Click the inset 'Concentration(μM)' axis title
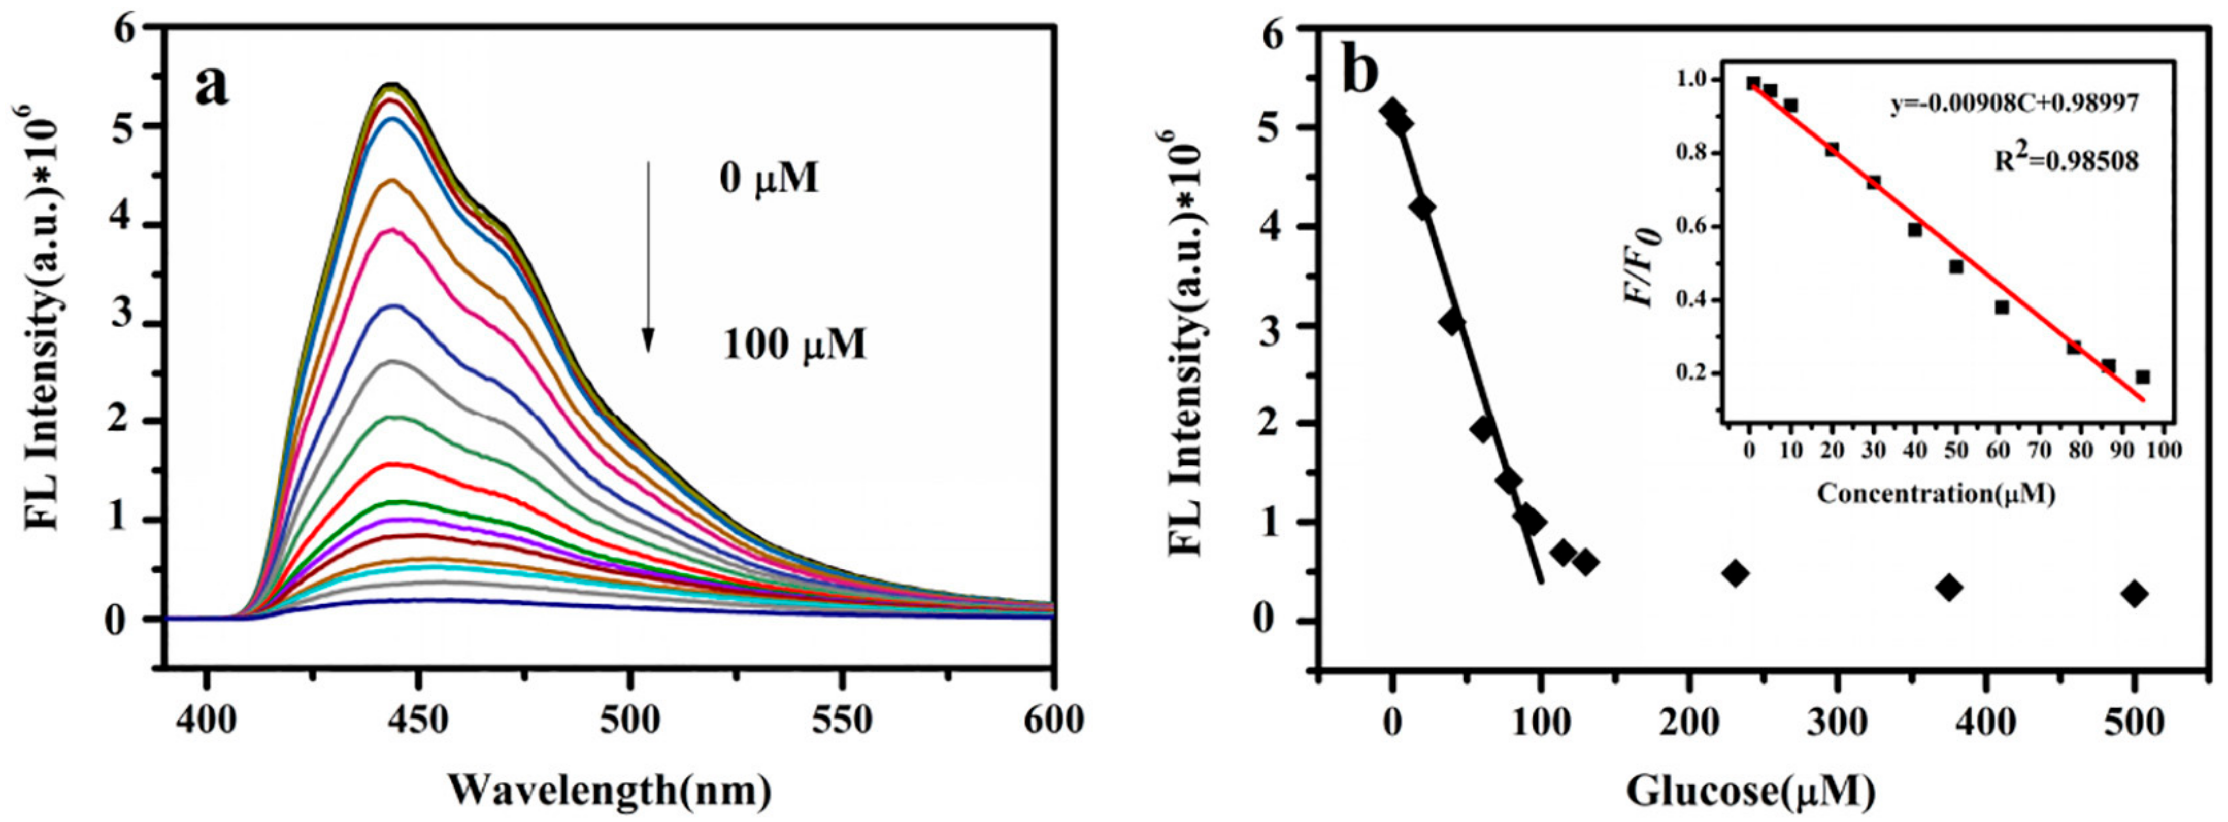click(x=1935, y=494)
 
